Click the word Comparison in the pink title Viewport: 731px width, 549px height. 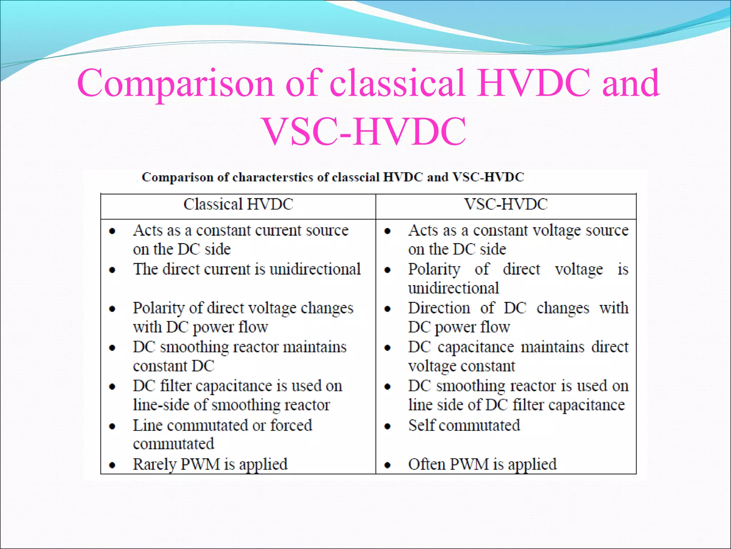(x=175, y=84)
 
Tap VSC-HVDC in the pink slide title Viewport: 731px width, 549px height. (x=364, y=132)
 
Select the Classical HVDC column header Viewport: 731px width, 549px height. (x=238, y=204)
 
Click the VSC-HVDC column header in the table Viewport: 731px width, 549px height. (x=506, y=204)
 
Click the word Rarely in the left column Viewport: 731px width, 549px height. (x=154, y=464)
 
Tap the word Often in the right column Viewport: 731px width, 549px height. (x=426, y=464)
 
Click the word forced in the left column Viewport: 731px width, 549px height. (x=291, y=425)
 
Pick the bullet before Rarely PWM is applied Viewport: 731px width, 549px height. (x=112, y=465)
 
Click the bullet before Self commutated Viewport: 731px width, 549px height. (x=388, y=426)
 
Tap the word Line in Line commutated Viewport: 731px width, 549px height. (x=147, y=425)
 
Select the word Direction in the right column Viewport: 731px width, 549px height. (x=439, y=308)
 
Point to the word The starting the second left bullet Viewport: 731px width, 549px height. (x=145, y=269)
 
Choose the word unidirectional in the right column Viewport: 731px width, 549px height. (x=453, y=288)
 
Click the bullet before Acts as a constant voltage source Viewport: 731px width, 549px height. (x=388, y=231)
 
